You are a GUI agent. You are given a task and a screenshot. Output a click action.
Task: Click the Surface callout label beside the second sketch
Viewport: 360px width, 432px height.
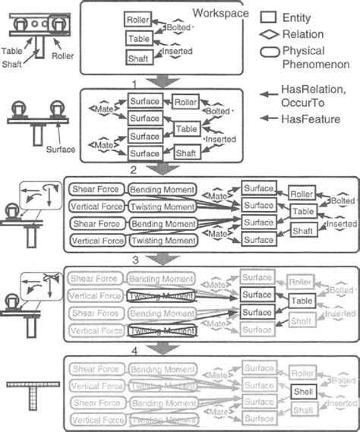click(60, 150)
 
